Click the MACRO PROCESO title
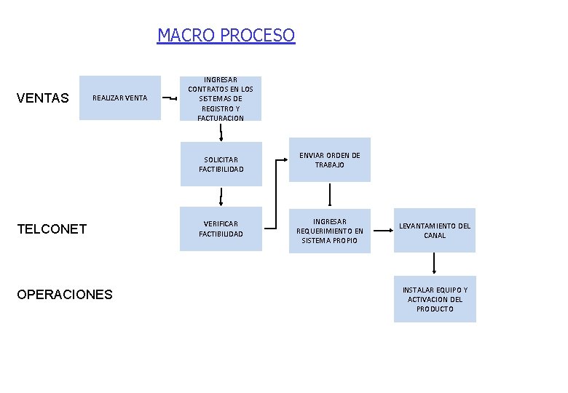(226, 35)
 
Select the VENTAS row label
(42, 98)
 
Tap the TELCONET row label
(51, 229)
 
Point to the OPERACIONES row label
(64, 295)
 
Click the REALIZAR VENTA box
(120, 98)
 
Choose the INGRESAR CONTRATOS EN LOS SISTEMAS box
(221, 98)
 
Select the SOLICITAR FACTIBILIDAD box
(221, 164)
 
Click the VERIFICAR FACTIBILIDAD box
(221, 229)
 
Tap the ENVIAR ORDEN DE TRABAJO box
(330, 160)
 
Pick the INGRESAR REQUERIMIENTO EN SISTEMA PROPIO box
(330, 231)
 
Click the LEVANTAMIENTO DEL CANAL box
(435, 231)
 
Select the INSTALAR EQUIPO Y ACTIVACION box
(435, 299)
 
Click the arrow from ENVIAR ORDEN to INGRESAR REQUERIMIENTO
(330, 195)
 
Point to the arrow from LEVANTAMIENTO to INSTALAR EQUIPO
(435, 264)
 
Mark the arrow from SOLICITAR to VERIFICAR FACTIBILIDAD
(221, 196)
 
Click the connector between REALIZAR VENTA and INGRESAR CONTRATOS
(169, 98)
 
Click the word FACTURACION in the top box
(221, 118)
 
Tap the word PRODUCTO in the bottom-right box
(435, 309)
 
